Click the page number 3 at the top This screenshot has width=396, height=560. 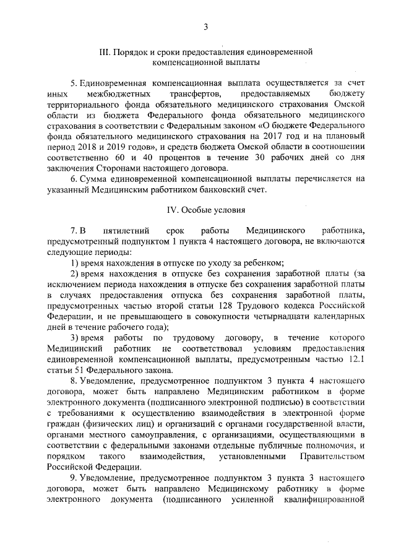pos(205,25)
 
